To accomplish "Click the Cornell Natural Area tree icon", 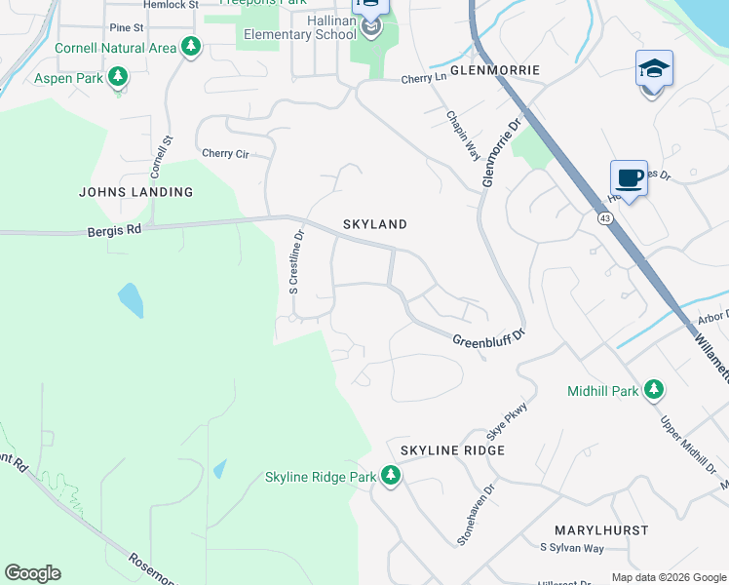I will click(192, 47).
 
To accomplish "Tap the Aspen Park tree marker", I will click(118, 77).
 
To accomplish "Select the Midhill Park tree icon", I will click(653, 391).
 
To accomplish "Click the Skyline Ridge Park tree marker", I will click(391, 477).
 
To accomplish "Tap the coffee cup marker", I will click(629, 179).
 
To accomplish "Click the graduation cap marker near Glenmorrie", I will click(654, 69).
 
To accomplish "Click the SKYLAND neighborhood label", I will click(374, 224).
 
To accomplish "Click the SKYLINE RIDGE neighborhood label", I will click(452, 450).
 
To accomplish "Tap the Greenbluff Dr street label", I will click(488, 337).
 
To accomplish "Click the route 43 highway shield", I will click(604, 218).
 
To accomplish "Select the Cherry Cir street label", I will click(224, 153).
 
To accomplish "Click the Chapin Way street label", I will click(464, 135).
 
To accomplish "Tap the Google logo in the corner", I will click(32, 573).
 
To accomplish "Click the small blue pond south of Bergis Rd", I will click(131, 300).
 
